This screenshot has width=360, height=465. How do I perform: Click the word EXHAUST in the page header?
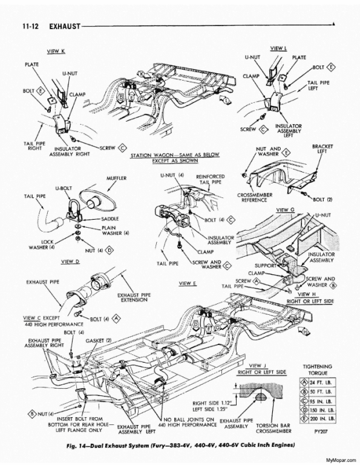pos(58,27)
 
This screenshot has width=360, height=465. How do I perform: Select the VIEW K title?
pos(57,51)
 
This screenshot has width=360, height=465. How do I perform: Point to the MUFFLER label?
pos(116,179)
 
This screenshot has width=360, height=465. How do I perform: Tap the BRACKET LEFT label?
pos(319,150)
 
